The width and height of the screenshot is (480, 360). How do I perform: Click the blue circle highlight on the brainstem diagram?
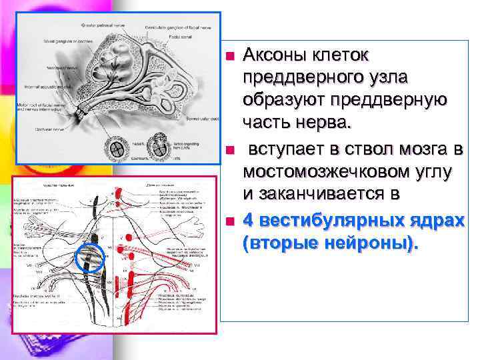pos(91,259)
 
